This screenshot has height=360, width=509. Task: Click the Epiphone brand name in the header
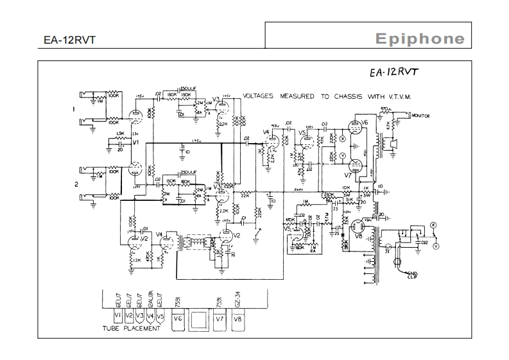pyautogui.click(x=420, y=39)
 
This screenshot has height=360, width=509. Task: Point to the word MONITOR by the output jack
pyautogui.click(x=421, y=116)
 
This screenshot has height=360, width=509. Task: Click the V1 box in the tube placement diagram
pyautogui.click(x=117, y=316)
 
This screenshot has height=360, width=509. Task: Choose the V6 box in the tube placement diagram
pyautogui.click(x=178, y=320)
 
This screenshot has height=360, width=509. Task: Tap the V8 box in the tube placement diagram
pyautogui.click(x=237, y=320)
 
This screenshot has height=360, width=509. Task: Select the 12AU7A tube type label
pyautogui.click(x=150, y=300)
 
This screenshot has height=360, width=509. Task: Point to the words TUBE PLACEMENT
pyautogui.click(x=132, y=329)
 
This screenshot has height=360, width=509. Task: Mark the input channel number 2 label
pyautogui.click(x=76, y=184)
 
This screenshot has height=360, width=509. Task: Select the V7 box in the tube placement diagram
pyautogui.click(x=219, y=320)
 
